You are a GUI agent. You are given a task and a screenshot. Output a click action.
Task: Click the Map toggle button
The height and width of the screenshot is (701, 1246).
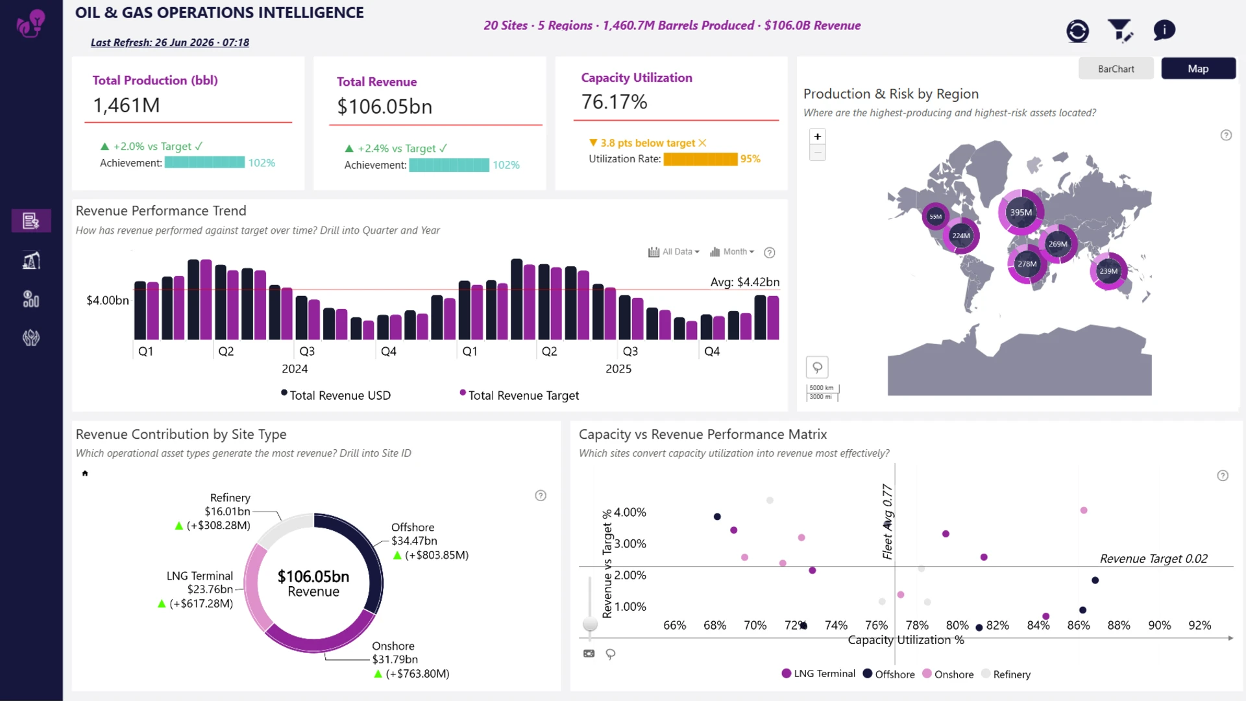click(x=1198, y=69)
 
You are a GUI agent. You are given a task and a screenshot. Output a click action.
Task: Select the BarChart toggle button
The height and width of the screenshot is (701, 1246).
click(x=1116, y=69)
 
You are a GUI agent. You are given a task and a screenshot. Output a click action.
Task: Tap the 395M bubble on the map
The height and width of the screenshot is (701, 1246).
click(x=1021, y=212)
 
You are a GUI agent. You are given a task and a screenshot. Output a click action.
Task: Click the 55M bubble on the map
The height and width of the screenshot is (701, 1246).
click(x=935, y=216)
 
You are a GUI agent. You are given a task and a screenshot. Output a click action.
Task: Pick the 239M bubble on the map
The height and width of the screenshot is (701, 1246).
click(x=1108, y=271)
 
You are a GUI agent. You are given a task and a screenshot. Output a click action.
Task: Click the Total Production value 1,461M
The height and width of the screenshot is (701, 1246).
click(x=127, y=105)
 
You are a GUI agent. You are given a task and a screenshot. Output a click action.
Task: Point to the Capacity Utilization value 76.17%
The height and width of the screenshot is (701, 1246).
click(x=614, y=102)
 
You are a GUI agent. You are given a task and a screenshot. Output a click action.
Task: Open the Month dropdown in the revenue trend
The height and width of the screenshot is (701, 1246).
click(x=732, y=252)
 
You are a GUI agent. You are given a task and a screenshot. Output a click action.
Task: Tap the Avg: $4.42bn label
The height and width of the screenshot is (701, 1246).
click(x=745, y=282)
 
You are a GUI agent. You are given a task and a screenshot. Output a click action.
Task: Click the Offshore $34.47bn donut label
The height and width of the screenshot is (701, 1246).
click(x=414, y=534)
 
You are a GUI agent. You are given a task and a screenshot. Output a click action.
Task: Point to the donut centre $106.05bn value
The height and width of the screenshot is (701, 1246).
click(x=313, y=576)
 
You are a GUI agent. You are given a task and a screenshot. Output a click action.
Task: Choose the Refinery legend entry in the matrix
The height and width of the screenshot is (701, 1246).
click(x=1006, y=674)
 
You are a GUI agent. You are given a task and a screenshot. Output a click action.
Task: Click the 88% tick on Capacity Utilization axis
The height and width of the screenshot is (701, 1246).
click(x=1119, y=625)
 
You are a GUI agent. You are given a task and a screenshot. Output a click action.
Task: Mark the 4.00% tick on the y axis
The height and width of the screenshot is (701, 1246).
click(x=630, y=512)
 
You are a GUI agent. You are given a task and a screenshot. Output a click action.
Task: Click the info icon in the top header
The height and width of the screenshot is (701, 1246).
click(x=1164, y=30)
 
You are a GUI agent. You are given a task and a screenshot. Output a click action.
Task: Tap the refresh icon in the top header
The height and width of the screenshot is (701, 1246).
click(x=1077, y=31)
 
